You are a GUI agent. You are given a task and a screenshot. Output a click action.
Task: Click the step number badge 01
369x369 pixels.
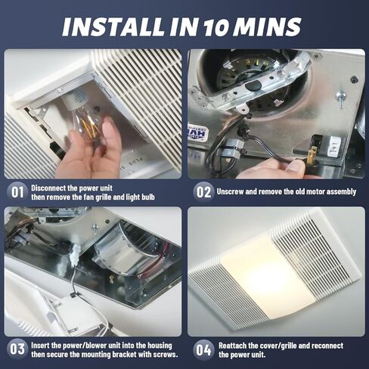pos(17,191)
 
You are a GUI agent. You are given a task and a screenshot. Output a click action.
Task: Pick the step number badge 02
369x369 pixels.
pos(203,191)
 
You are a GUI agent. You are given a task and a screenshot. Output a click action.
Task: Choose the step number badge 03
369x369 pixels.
pos(17,349)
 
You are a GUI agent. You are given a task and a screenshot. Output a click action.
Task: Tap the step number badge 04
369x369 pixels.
pos(203,349)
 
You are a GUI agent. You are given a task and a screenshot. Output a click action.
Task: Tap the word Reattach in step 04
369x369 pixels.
pos(234,345)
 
